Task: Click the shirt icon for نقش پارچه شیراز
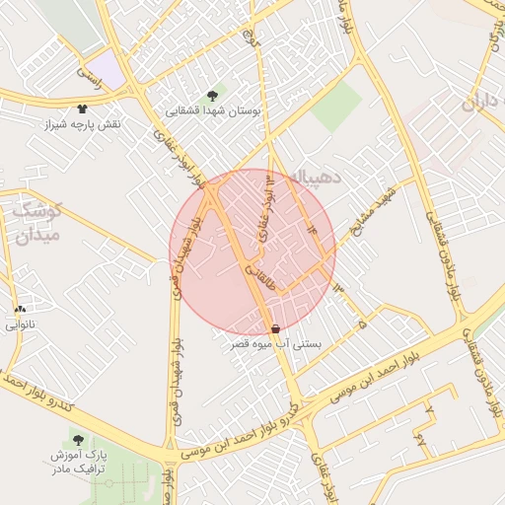pyautogui.click(x=82, y=109)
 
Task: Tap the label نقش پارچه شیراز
pyautogui.click(x=82, y=125)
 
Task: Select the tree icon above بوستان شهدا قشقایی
pyautogui.click(x=213, y=96)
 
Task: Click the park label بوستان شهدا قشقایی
pyautogui.click(x=214, y=111)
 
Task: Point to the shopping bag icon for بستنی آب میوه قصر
pyautogui.click(x=274, y=327)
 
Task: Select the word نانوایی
pyautogui.click(x=20, y=325)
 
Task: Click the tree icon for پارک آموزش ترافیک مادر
pyautogui.click(x=78, y=440)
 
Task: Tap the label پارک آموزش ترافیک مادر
pyautogui.click(x=78, y=465)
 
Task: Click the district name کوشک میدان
pyautogui.click(x=36, y=223)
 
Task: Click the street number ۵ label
pyautogui.click(x=362, y=323)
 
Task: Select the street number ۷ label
pyautogui.click(x=428, y=407)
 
